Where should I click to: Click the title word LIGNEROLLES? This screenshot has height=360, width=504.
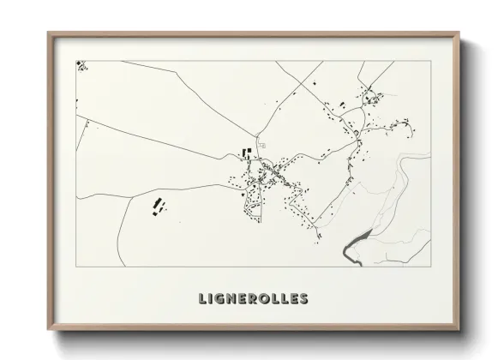pos(252,299)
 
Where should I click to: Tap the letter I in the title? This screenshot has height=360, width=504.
pos(211,299)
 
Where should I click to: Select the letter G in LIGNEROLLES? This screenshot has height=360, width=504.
pos(221,299)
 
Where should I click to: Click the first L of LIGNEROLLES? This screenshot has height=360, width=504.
pos(202,299)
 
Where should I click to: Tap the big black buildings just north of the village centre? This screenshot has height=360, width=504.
pos(249,154)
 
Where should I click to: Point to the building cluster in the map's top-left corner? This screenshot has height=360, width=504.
pos(81,64)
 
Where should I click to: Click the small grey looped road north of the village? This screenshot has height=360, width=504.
pos(262,147)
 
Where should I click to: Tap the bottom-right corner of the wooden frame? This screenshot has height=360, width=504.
pos(460,329)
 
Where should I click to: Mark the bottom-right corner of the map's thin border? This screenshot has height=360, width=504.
pos(431,267)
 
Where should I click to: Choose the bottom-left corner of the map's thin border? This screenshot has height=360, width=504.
pos(76,267)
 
